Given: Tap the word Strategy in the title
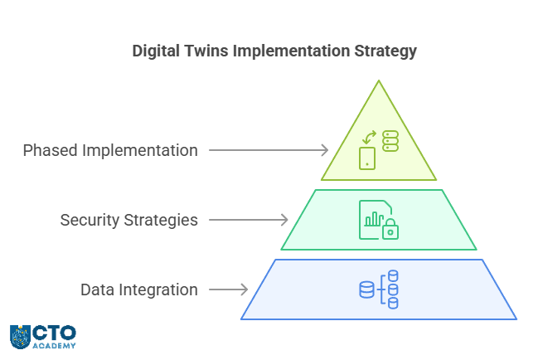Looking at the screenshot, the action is coord(385,51).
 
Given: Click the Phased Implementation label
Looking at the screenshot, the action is coord(110,151).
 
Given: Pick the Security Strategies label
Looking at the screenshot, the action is coord(129,220).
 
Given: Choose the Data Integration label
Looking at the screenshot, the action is coord(139,289).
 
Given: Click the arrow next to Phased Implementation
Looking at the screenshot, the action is coord(269,150).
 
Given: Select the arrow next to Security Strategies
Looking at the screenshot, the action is coord(249,220).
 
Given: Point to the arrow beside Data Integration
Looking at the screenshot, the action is coord(229,289).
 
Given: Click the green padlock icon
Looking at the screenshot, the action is coord(390,229).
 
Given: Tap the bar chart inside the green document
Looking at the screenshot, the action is coord(374,219).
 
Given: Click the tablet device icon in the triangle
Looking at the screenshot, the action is coord(367,158).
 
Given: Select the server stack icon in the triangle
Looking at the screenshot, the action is coord(390,141).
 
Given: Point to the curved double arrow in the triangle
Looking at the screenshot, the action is coord(370,137).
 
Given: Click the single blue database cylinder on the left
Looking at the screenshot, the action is coord(366,289).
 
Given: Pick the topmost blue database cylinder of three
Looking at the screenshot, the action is coord(393,275).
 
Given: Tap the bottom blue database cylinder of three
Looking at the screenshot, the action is coord(393,304).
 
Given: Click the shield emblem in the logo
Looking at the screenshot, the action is coord(20,337).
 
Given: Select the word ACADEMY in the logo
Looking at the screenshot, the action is coord(54,346).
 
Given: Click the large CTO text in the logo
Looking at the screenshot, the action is coord(54,333).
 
